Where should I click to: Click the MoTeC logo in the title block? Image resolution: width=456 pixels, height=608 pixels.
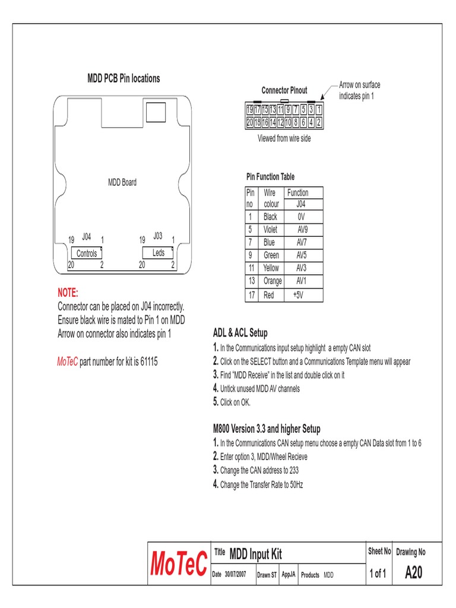pos(179,564)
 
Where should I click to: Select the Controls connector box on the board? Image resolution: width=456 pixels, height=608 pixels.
pos(87,254)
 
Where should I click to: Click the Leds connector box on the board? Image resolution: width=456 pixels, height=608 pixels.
pos(159,253)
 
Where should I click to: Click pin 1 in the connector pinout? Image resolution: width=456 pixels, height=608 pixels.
pos(319,110)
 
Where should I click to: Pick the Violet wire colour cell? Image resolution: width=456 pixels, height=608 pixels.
pos(271,229)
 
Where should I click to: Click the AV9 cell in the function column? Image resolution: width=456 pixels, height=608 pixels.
pos(302,229)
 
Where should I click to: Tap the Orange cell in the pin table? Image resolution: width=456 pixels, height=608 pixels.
pos(272,281)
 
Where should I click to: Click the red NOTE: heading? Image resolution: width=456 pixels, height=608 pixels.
pos(68,293)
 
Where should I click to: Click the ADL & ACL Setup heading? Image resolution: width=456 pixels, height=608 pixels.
pos(240,332)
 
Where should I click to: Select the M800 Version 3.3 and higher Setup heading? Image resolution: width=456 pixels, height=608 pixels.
pos(267,429)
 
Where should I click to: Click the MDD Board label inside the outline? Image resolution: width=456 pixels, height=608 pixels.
pos(122,182)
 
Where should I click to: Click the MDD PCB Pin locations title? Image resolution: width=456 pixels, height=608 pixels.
pos(123,78)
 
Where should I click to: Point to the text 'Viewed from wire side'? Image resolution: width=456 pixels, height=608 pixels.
pos(284,138)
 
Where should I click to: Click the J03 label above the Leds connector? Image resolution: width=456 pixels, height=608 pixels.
pos(158,236)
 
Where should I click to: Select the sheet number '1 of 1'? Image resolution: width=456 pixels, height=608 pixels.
pos(378,574)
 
